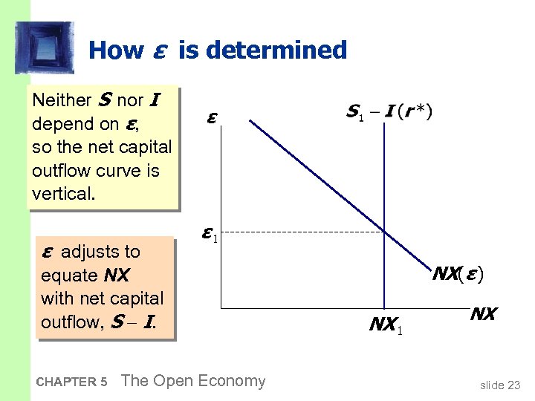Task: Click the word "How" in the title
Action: point(115,50)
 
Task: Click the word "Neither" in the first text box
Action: point(59,100)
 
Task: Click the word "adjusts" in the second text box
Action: point(100,252)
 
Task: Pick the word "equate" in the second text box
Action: point(69,276)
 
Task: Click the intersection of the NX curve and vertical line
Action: point(384,233)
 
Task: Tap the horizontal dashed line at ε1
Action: point(297,233)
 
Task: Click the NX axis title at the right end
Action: point(482,313)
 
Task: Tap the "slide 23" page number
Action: point(500,385)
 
